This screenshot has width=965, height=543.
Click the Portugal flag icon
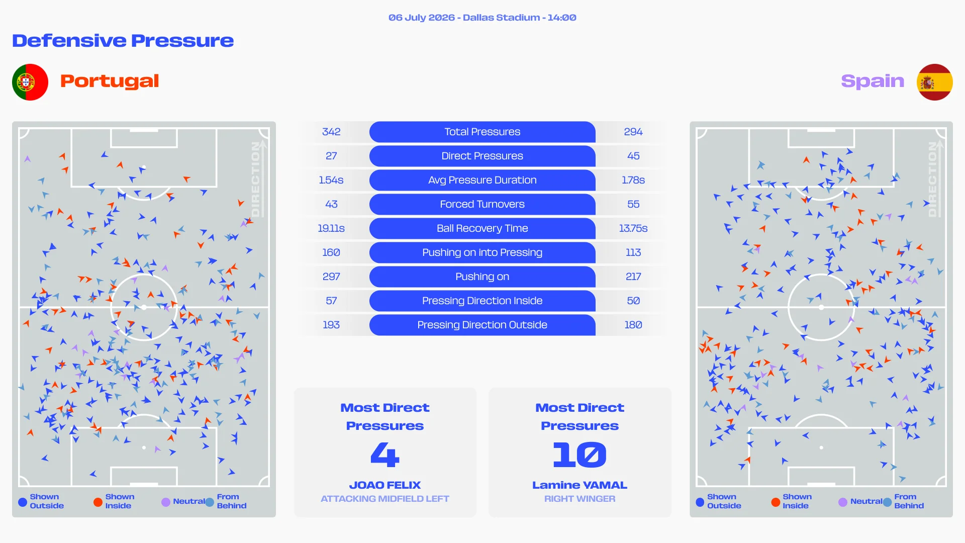pos(30,82)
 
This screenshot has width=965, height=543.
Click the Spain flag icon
pos(934,82)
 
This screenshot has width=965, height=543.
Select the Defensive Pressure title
pos(123,40)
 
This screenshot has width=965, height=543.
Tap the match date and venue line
pos(482,18)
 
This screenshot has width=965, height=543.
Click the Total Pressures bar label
pos(482,132)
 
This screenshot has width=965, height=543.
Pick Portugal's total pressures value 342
pos(331,132)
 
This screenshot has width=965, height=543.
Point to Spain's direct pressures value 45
pos(633,156)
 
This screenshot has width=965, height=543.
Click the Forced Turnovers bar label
pos(482,204)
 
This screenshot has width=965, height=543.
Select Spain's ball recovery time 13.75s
pos(633,228)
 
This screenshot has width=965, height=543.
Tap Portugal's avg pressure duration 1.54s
pos(331,180)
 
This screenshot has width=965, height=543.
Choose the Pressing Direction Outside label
pos(482,325)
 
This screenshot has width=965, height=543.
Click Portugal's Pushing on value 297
pos(331,277)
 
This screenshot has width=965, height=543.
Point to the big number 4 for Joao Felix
pos(385,455)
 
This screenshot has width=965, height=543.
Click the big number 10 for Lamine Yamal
pos(580,455)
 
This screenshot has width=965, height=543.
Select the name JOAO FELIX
pos(385,485)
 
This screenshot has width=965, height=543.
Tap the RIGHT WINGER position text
pos(580,499)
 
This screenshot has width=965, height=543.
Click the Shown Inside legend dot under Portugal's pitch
pos(98,502)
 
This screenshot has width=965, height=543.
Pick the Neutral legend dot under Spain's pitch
pos(843,502)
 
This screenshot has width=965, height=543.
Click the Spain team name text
pos(873,81)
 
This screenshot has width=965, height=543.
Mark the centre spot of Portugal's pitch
pos(144,307)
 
